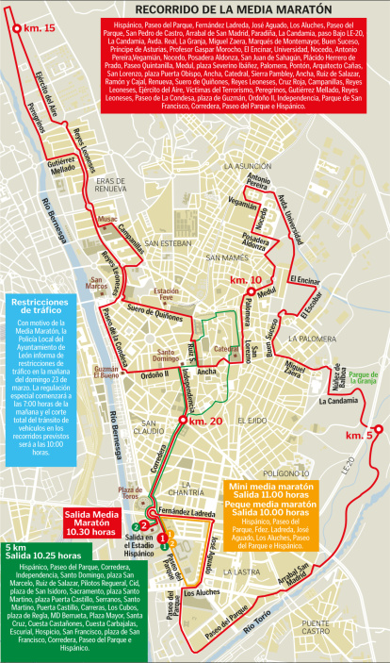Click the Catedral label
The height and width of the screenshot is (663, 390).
coord(227,348)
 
